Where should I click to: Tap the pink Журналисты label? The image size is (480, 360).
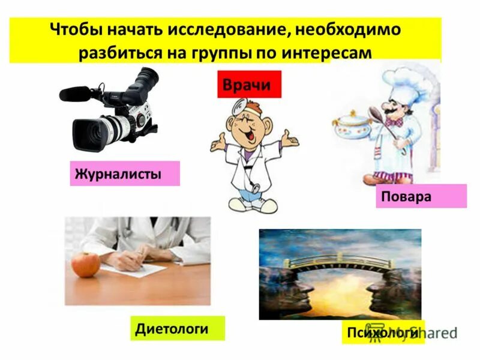tap(125, 174)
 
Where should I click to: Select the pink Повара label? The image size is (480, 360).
tap(421, 196)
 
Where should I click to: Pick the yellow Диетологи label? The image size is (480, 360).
tap(177, 328)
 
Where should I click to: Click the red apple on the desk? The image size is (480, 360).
tap(85, 264)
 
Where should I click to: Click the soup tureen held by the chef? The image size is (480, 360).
tap(351, 126)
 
